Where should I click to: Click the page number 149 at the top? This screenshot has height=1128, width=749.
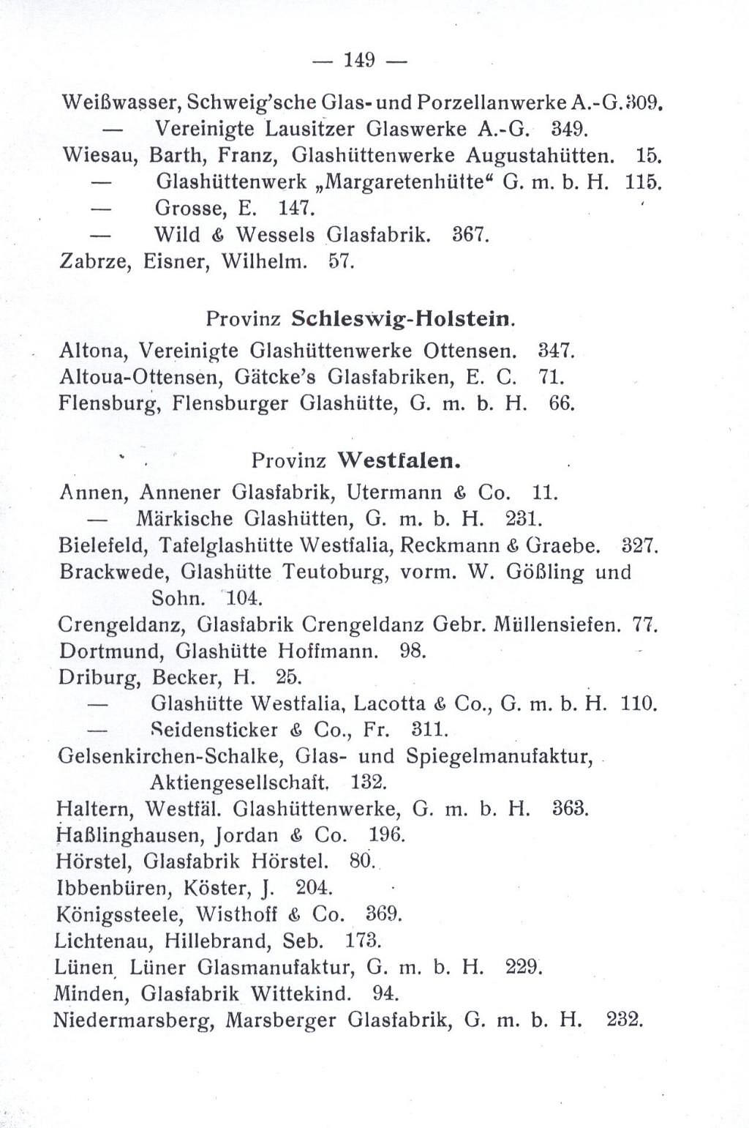click(x=358, y=62)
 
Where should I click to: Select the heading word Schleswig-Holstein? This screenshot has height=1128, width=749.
click(x=402, y=319)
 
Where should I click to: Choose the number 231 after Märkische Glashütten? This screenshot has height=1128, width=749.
click(x=523, y=519)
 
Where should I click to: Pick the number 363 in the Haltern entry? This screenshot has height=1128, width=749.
click(x=571, y=809)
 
